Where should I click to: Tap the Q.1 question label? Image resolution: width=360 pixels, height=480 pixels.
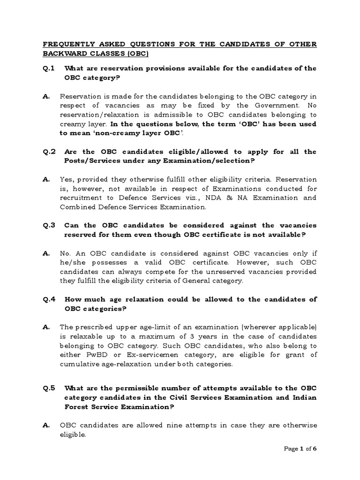pyautogui.click(x=49, y=68)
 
